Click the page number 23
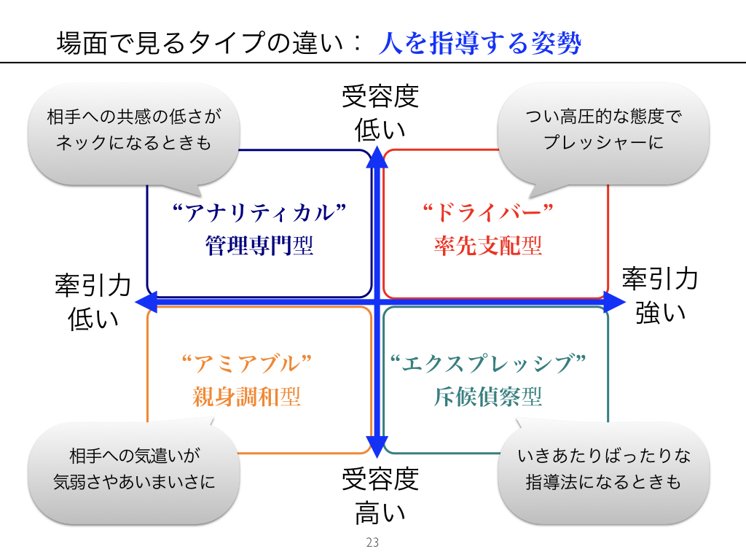tap(373, 542)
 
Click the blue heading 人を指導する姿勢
tap(479, 43)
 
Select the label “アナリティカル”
tap(259, 212)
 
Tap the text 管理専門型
tap(259, 246)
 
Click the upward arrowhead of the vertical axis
tap(376, 155)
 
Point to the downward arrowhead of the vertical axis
tap(376, 447)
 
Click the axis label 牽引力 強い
tap(660, 295)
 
